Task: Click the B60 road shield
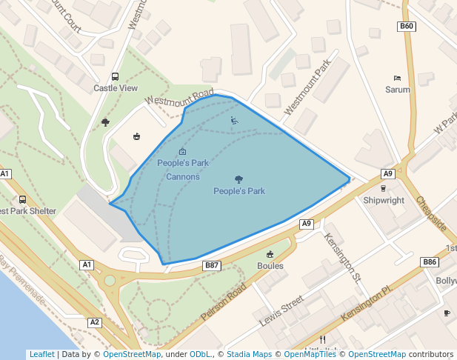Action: [x=407, y=26]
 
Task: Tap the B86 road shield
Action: [x=430, y=261]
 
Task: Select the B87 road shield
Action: [x=212, y=264]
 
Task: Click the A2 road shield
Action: [x=94, y=322]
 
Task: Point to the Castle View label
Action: [x=116, y=88]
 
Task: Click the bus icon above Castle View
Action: [x=115, y=76]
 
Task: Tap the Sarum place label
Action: [x=397, y=90]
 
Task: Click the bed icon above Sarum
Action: [x=397, y=78]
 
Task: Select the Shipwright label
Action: [x=384, y=200]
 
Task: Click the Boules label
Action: [x=270, y=265]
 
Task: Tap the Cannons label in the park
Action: [x=182, y=177]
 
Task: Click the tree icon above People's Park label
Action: [x=238, y=179]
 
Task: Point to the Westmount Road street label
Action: [x=179, y=99]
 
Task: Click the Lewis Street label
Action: [x=281, y=312]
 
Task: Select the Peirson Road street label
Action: [x=223, y=301]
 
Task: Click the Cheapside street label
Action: [x=431, y=213]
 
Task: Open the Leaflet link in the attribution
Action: [x=41, y=354]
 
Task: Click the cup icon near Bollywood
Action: [x=447, y=313]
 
